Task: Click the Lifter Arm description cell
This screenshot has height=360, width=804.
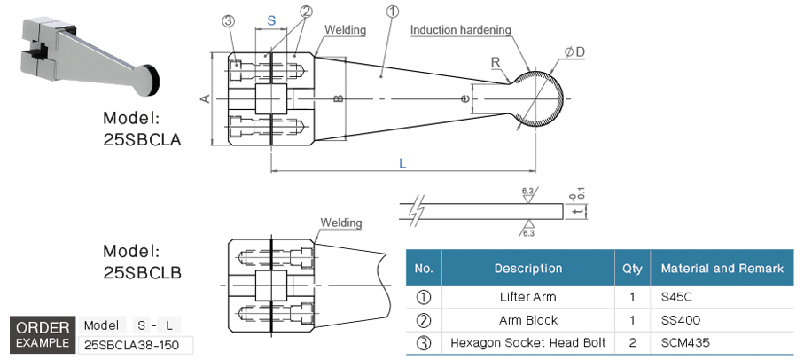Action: (527, 297)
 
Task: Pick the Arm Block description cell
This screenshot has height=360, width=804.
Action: (527, 319)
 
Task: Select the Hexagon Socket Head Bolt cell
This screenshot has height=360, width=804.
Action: (527, 341)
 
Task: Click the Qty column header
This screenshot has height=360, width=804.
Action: (632, 268)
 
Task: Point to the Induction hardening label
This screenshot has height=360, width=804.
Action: (460, 30)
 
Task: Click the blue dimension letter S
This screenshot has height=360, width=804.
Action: (271, 19)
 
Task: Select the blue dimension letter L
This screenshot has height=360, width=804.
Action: (402, 163)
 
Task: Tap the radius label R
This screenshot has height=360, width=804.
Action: (496, 62)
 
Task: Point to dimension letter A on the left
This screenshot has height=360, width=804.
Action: (204, 98)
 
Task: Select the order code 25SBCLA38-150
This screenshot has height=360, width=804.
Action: (137, 344)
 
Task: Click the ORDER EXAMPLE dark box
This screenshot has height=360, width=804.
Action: (42, 334)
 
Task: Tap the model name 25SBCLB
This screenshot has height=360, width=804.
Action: (142, 272)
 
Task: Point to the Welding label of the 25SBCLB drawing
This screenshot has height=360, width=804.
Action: (341, 223)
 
